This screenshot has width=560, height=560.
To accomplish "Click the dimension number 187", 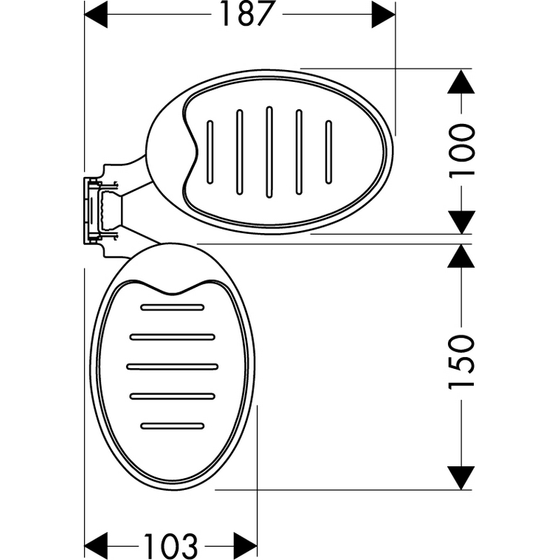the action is tap(248, 14).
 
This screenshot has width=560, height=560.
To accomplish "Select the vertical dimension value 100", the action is tap(461, 151).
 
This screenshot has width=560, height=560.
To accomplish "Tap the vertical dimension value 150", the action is tap(461, 361).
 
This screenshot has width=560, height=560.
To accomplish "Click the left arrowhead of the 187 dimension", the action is tap(96, 14).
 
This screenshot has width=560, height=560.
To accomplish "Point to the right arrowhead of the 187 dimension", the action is tap(383, 14).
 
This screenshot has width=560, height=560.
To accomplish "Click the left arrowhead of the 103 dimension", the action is tap(96, 546).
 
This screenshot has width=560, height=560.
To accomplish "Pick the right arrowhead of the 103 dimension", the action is tap(246, 546).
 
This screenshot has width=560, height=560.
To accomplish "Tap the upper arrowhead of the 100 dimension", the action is tap(461, 81).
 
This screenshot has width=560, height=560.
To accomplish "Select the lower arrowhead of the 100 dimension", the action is tap(461, 222).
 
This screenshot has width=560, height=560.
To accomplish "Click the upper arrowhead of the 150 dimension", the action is tap(461, 256).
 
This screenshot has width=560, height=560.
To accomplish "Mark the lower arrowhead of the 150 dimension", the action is tap(461, 478).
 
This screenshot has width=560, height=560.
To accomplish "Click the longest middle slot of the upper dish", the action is tap(269, 152).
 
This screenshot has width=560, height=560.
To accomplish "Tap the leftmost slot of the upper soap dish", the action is tap(210, 152).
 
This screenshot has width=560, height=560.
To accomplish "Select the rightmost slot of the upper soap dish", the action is tap(328, 152).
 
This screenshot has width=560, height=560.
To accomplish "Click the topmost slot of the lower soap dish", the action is tap(172, 307).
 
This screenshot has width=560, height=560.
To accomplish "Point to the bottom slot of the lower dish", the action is tap(172, 426).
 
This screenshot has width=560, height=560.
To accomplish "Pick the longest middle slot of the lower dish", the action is tap(172, 366).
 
